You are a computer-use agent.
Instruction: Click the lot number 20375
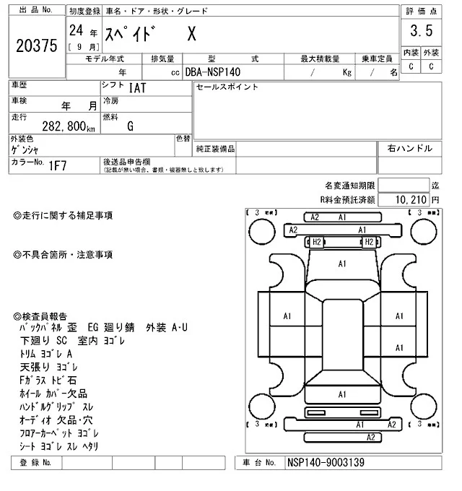36,46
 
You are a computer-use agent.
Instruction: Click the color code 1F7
58,166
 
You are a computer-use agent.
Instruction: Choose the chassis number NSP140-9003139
326,461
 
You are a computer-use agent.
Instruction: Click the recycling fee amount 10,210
413,199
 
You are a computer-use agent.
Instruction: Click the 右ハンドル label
409,149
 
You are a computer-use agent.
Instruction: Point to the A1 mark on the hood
343,264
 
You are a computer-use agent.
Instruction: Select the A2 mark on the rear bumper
370,437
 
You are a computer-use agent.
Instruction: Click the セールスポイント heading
227,87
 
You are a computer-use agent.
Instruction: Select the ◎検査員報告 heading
40,316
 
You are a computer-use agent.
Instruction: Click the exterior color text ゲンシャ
26,149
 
